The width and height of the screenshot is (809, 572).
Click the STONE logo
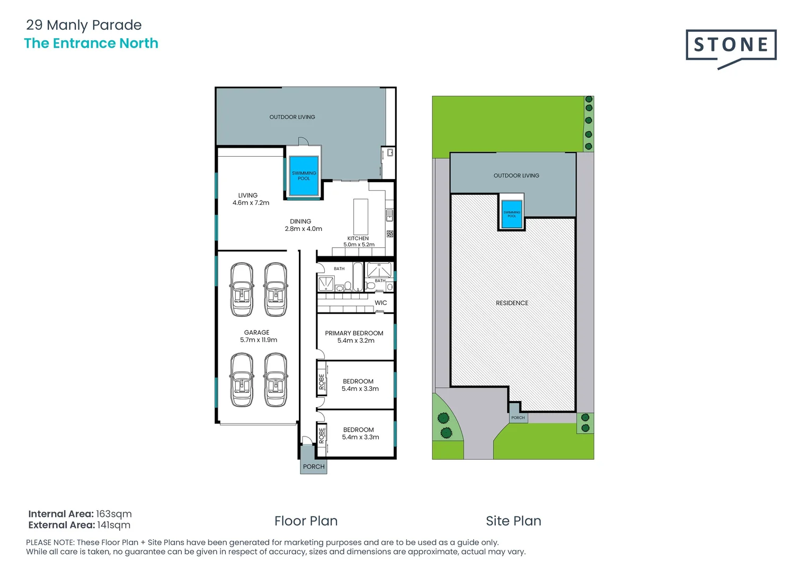(x=731, y=46)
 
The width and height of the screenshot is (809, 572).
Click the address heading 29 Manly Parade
(x=84, y=25)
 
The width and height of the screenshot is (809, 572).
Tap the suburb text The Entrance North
(x=91, y=43)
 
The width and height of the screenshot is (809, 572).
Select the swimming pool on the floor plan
(x=304, y=176)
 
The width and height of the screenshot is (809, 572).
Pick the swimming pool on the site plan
(x=511, y=214)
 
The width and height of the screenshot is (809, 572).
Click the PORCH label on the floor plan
(x=314, y=467)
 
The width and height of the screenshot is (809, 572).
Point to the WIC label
(x=380, y=303)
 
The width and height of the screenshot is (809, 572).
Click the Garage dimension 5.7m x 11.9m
(x=259, y=340)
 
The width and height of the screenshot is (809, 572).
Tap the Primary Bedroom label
(x=354, y=333)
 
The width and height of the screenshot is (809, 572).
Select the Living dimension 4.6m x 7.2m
(x=251, y=203)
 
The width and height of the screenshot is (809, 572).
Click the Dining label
(x=300, y=221)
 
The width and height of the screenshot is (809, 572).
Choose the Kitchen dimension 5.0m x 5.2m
(x=359, y=245)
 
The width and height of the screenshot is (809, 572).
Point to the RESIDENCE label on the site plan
(x=512, y=303)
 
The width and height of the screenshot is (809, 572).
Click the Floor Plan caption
(x=306, y=521)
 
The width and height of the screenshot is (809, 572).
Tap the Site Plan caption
(x=513, y=521)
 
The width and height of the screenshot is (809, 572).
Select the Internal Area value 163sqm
(x=113, y=514)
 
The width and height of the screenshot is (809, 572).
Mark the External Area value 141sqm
(x=113, y=525)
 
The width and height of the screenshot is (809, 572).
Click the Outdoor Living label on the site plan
(x=516, y=175)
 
